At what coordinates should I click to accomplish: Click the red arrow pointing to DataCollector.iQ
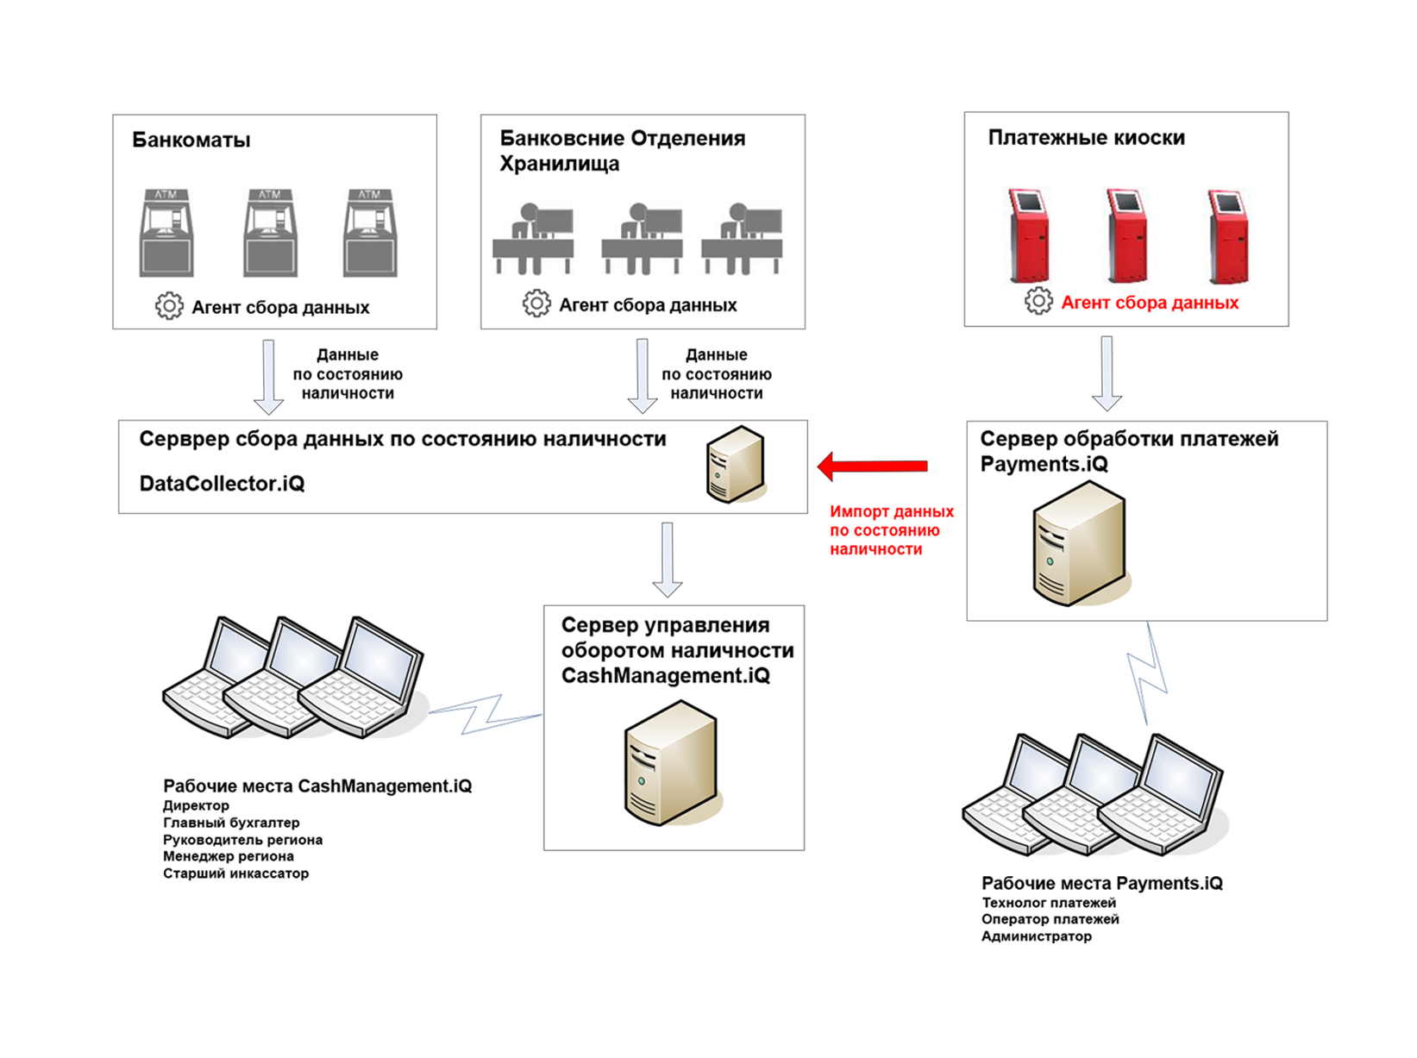click(873, 466)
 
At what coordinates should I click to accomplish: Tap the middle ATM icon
click(270, 233)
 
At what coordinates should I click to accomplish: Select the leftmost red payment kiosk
click(1029, 235)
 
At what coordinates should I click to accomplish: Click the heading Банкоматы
click(191, 141)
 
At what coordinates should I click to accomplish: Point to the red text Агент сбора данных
click(1150, 303)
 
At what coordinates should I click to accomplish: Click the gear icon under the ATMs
click(169, 306)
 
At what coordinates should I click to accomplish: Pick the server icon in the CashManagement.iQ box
click(670, 763)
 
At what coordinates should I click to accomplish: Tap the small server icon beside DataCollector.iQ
click(735, 464)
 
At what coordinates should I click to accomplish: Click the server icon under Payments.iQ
click(1078, 544)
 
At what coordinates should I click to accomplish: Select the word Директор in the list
click(196, 805)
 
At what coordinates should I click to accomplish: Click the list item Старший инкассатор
click(235, 873)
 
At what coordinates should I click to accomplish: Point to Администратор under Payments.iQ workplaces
click(1036, 936)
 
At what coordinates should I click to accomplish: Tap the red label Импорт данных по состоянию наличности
click(891, 530)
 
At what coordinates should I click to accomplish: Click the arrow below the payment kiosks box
click(1107, 373)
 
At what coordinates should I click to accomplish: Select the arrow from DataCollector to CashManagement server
click(667, 559)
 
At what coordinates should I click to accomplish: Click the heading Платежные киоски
click(1086, 138)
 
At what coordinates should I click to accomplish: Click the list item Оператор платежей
click(1050, 919)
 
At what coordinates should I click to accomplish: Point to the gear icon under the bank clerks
click(536, 304)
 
